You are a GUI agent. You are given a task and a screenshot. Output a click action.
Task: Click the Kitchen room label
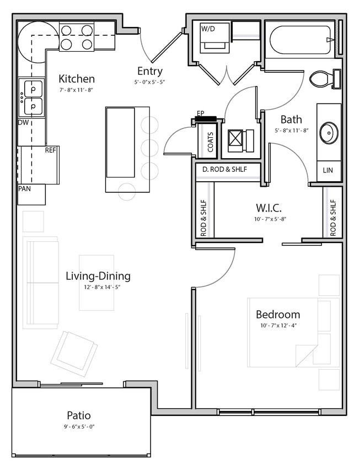click(x=77, y=79)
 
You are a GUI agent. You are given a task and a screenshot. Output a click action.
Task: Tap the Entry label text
click(x=149, y=71)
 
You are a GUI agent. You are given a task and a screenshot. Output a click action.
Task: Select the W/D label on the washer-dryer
click(x=208, y=29)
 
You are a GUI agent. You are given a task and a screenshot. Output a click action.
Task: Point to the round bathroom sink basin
click(x=329, y=132)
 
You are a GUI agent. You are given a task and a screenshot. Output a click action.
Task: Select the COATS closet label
click(x=210, y=142)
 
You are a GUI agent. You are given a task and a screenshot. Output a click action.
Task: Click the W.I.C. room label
click(x=268, y=208)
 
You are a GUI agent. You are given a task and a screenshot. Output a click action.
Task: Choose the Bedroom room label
click(x=278, y=315)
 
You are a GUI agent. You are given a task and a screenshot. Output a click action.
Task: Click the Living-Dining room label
click(x=98, y=276)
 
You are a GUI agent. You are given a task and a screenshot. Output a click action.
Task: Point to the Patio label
click(x=79, y=415)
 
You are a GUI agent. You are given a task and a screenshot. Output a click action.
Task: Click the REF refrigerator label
click(x=51, y=150)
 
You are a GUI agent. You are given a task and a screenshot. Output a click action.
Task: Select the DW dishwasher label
click(x=23, y=122)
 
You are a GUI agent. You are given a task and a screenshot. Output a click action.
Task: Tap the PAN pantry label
click(x=24, y=188)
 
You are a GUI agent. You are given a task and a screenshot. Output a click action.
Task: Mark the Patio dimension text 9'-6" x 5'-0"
click(x=79, y=426)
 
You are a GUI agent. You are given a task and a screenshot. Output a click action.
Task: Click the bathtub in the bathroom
click(x=300, y=39)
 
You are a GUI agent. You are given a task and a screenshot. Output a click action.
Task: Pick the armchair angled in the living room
click(x=74, y=353)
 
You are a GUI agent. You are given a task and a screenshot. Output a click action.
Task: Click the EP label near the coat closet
click(x=201, y=113)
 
